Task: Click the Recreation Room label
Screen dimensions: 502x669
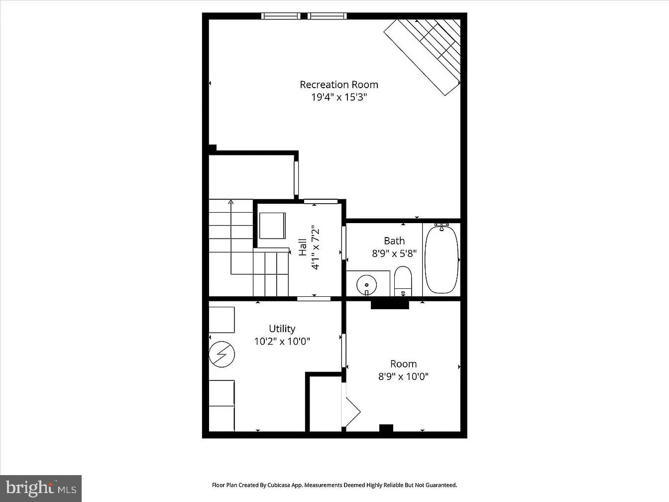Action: click(x=338, y=85)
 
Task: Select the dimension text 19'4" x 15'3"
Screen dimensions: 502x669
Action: click(x=338, y=97)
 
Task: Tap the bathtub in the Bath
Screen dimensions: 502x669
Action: click(x=442, y=259)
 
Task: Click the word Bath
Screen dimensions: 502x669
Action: click(x=394, y=241)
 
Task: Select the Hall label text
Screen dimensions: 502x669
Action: click(x=303, y=248)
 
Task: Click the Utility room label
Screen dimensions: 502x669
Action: click(x=282, y=329)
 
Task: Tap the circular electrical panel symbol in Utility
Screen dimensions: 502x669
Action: click(x=222, y=354)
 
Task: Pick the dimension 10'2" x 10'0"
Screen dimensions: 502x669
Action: click(x=282, y=342)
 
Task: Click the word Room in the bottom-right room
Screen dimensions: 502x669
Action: click(x=403, y=364)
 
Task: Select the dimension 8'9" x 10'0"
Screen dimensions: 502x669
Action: click(x=403, y=376)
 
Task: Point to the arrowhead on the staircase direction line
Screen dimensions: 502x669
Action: click(x=231, y=202)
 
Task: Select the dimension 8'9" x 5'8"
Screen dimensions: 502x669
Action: click(x=394, y=253)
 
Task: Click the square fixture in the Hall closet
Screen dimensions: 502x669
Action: click(x=272, y=226)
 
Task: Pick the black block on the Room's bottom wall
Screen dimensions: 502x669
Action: click(x=386, y=428)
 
